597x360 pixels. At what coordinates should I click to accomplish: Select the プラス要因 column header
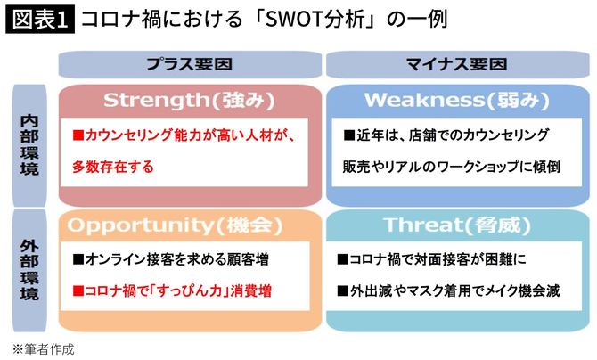click(189, 64)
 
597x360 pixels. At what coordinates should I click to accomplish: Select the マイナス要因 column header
click(456, 64)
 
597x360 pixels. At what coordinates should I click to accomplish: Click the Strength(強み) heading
click(187, 100)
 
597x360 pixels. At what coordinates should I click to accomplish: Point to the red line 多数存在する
click(113, 166)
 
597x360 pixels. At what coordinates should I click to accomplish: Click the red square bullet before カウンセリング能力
click(78, 136)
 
